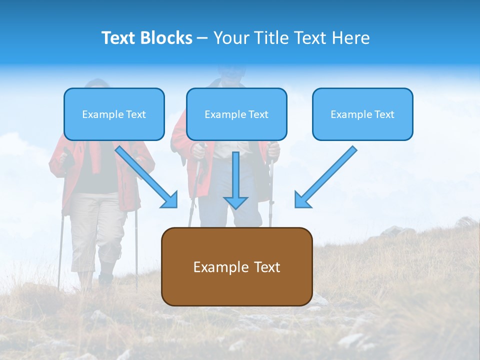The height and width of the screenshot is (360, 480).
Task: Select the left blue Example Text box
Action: pyautogui.click(x=114, y=114)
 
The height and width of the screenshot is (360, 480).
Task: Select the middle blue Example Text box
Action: pyautogui.click(x=236, y=114)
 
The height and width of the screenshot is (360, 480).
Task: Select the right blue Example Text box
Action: pyautogui.click(x=362, y=114)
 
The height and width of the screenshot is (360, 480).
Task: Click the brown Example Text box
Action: pyautogui.click(x=236, y=266)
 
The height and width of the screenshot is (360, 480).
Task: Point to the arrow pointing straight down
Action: pyautogui.click(x=235, y=180)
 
